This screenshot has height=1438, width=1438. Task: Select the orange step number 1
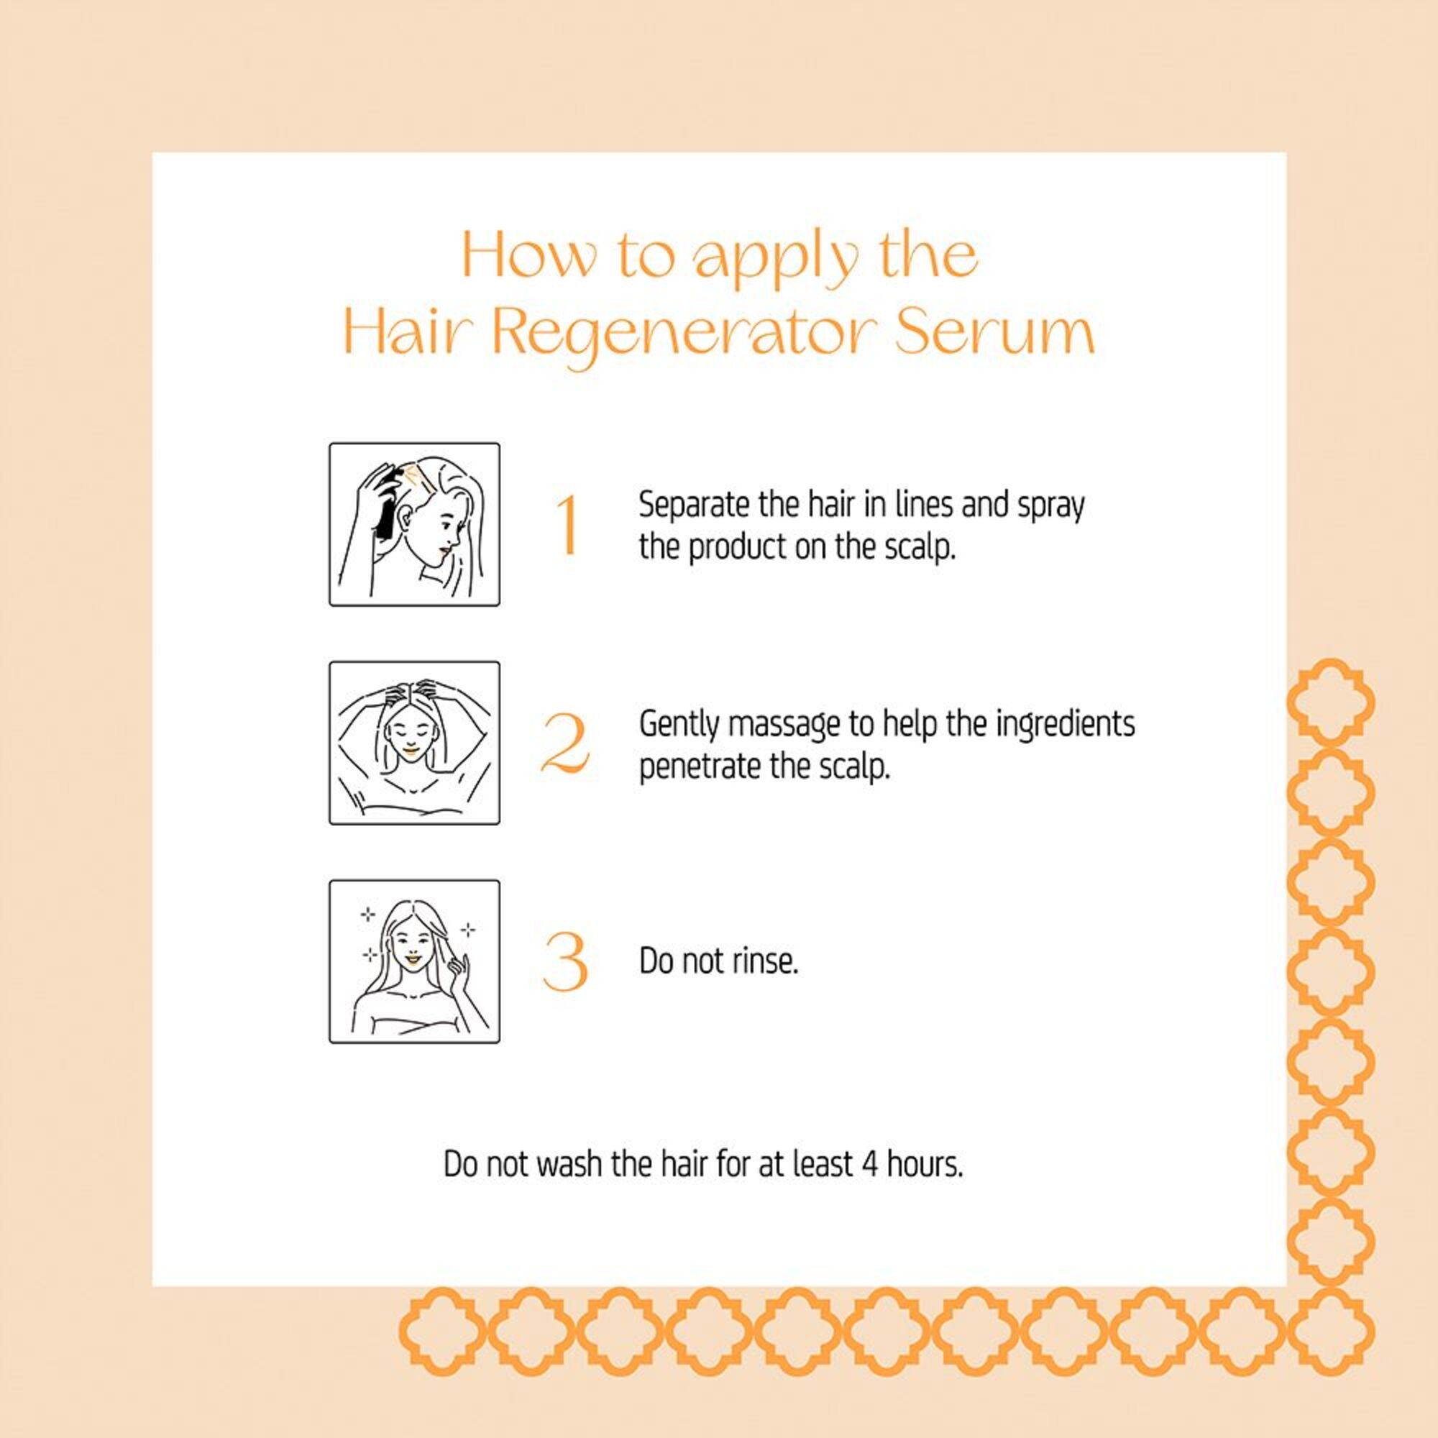[568, 525]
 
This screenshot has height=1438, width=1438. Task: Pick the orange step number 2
[566, 743]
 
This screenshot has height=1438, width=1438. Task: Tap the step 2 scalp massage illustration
[415, 743]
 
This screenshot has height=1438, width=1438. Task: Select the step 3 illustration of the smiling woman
[415, 961]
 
